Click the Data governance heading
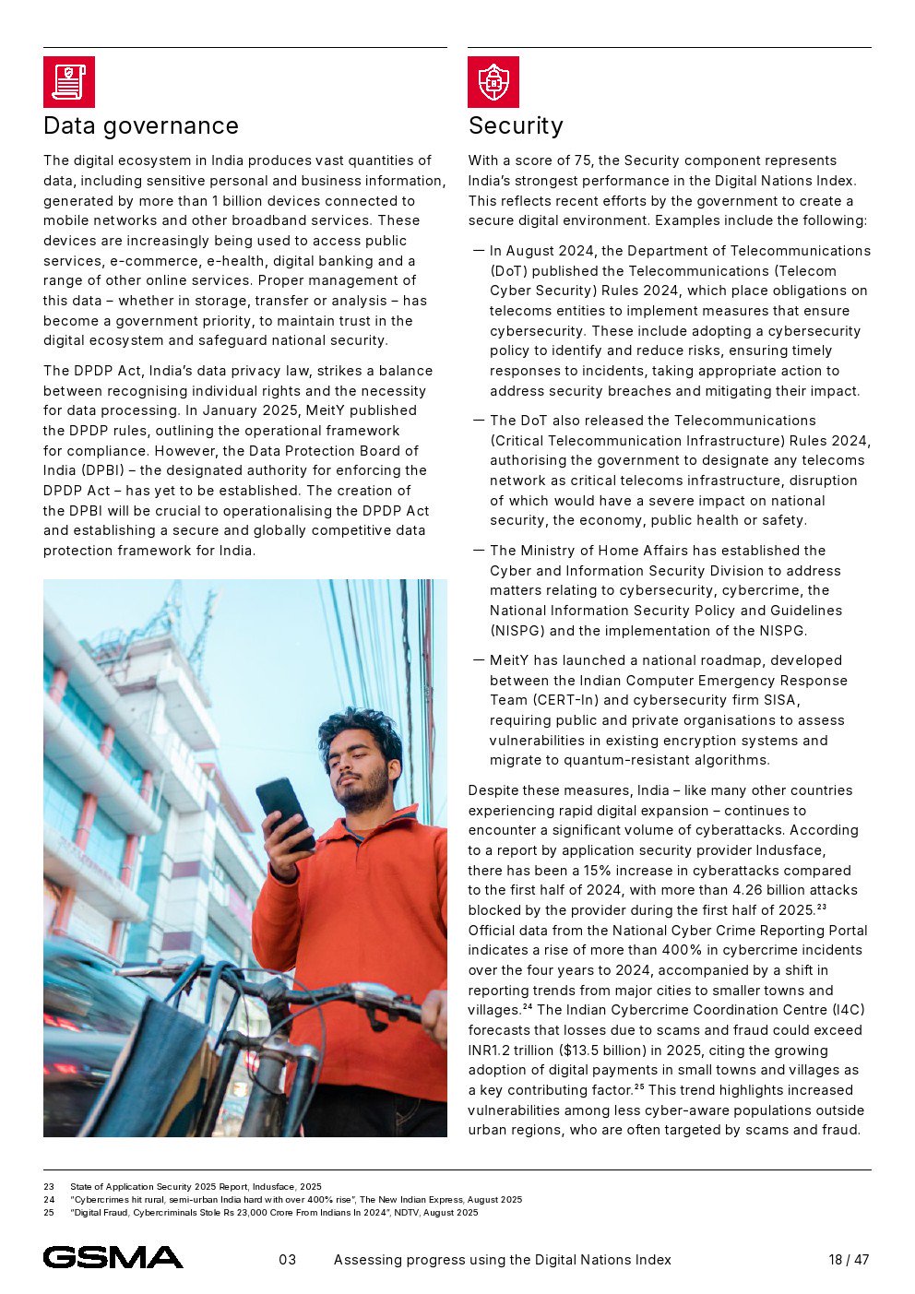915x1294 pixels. [x=141, y=125]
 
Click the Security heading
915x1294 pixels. [x=516, y=125]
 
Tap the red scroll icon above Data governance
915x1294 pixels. [x=69, y=82]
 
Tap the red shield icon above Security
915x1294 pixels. [x=493, y=82]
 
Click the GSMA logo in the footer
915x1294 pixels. [x=113, y=1257]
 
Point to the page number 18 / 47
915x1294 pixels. [x=849, y=1260]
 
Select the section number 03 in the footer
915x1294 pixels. [x=288, y=1260]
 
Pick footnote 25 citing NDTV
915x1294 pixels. [x=274, y=1213]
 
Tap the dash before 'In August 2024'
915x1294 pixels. [x=479, y=251]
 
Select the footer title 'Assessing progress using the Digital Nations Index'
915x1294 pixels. [x=503, y=1260]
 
